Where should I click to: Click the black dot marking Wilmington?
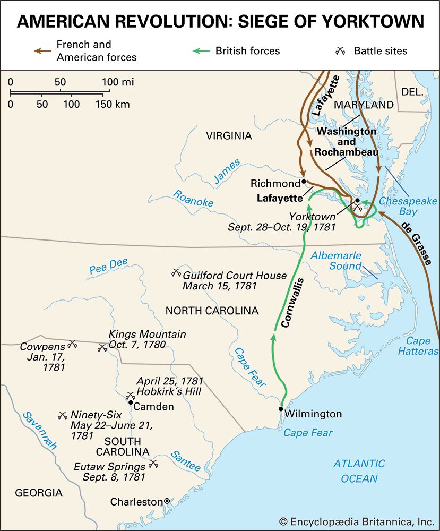[x=281, y=409]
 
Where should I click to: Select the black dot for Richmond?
[x=304, y=181]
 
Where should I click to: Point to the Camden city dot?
[x=131, y=402]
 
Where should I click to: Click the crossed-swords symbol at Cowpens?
[x=73, y=344]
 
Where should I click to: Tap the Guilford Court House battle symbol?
[x=176, y=273]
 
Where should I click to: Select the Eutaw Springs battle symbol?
[x=154, y=464]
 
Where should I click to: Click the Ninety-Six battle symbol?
[x=63, y=415]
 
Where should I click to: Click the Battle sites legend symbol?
[x=341, y=51]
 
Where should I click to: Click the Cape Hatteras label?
[x=422, y=346]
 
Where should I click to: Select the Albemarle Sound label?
[x=336, y=260]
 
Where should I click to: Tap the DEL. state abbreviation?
[x=413, y=91]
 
